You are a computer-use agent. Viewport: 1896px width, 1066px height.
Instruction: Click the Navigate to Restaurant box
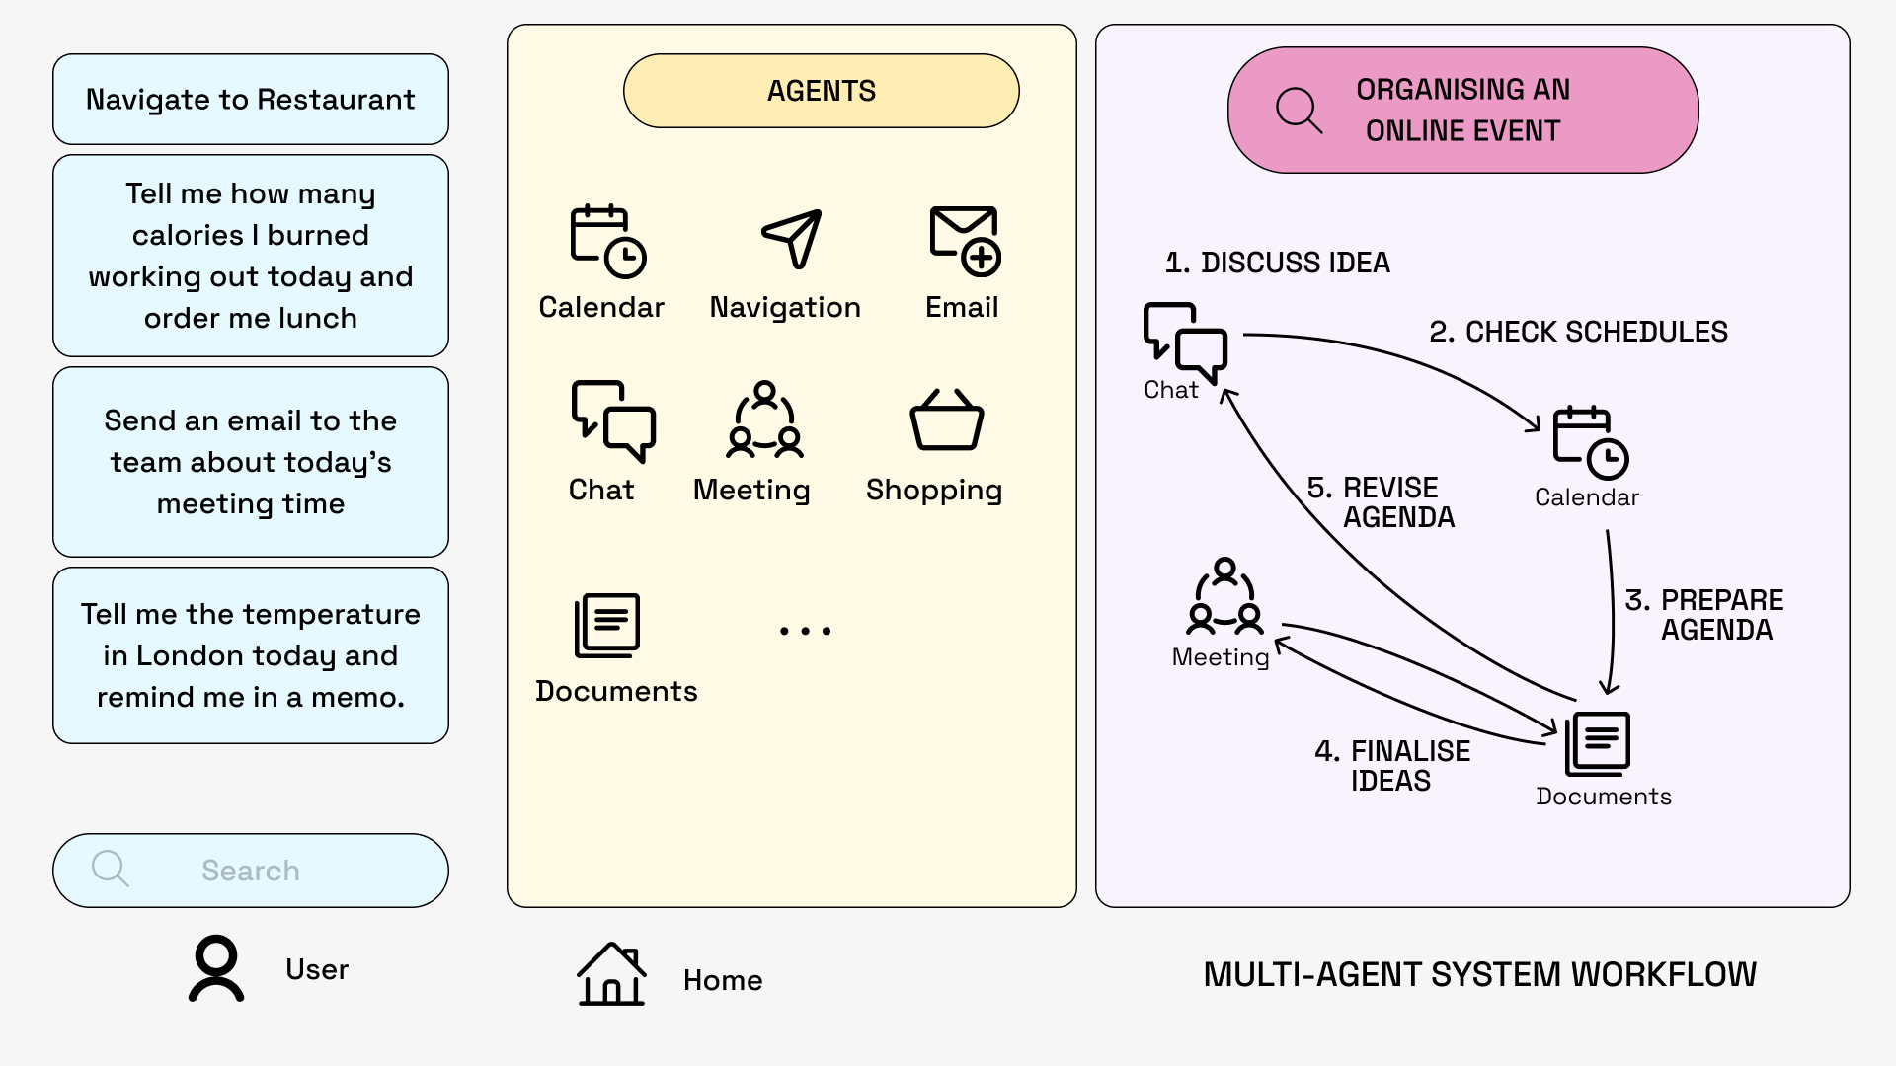pos(250,100)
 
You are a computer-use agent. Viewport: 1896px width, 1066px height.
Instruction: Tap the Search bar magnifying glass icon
pos(110,869)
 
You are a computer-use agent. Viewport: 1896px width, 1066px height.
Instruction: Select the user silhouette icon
pos(216,968)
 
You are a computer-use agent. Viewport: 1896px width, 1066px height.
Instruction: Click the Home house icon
pos(611,974)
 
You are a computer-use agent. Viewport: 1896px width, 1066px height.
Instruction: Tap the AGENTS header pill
pos(821,91)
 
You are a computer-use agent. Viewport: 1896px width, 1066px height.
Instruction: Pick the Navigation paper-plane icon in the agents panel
pos(792,238)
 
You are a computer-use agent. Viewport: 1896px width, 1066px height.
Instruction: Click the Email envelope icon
pos(965,240)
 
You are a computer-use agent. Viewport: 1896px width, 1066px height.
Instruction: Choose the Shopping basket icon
pos(946,420)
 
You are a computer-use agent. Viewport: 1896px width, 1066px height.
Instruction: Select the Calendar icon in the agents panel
pos(607,240)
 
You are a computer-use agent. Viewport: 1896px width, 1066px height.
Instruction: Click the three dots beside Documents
pos(805,630)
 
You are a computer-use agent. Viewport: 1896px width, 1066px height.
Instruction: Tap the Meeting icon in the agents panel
pos(764,420)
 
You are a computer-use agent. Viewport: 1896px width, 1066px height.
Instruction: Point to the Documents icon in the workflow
pos(1597,744)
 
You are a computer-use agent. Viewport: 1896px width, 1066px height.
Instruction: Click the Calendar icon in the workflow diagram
pos(1590,442)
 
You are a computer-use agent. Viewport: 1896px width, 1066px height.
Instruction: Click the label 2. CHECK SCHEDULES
pos(1578,332)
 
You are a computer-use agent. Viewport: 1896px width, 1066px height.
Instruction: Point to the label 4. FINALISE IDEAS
pos(1392,766)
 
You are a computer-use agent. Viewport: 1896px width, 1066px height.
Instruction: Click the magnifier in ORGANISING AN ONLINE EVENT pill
pos(1299,111)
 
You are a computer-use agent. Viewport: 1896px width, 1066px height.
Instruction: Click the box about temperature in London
pos(250,655)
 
